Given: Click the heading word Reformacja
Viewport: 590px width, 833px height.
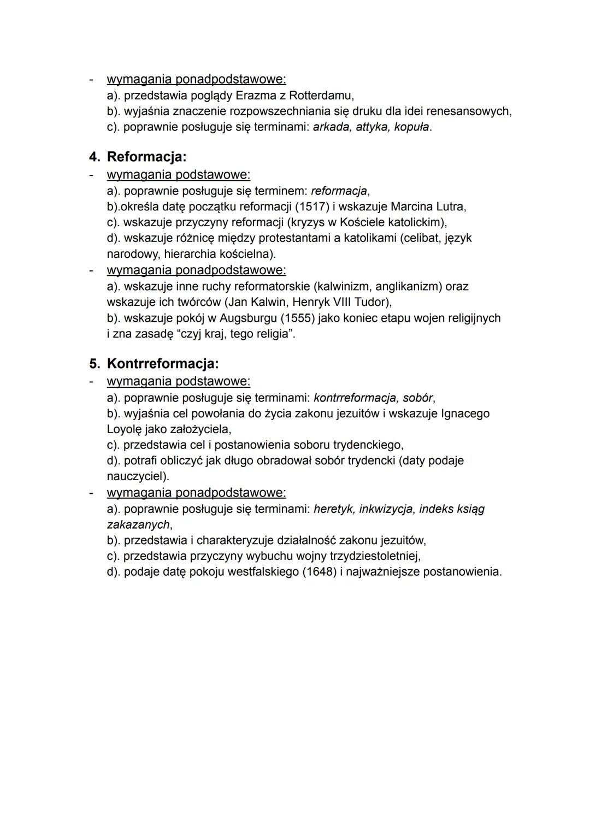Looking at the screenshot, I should (146, 157).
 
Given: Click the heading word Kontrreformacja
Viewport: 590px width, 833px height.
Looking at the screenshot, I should (162, 364).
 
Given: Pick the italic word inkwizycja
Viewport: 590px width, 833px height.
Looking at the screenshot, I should (386, 509).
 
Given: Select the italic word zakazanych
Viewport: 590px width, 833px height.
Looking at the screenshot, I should (138, 525).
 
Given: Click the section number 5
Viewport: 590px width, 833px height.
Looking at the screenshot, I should (94, 364).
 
